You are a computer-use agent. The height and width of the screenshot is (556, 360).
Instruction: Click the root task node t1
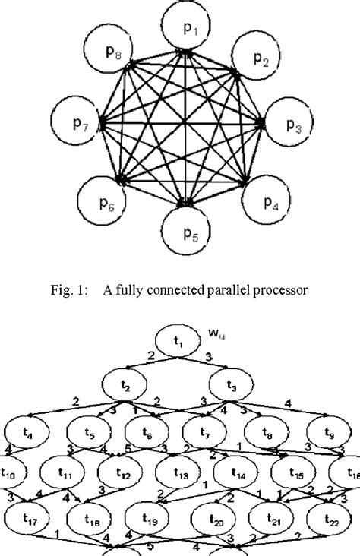[180, 343]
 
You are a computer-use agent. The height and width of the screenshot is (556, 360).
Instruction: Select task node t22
[332, 520]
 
